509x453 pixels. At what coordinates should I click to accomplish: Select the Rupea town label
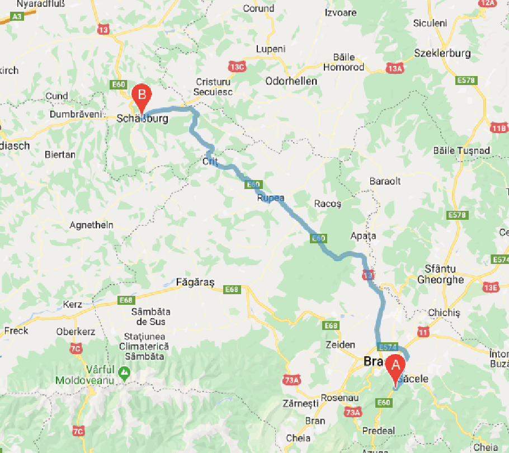271,198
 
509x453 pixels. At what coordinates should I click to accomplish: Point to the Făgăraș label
195,282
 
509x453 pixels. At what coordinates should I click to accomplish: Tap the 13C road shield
237,67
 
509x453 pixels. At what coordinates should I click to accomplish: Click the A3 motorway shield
18,17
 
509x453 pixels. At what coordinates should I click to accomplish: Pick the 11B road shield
498,128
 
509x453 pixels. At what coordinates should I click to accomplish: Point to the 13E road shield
491,287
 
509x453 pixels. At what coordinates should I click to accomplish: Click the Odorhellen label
291,81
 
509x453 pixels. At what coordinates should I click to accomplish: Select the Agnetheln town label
91,225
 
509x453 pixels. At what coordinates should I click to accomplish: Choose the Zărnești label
300,403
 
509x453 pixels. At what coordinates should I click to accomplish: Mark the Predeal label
379,431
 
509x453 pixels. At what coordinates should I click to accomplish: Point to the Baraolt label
385,182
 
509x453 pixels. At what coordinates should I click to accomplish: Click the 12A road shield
487,3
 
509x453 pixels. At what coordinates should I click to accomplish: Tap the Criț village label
209,162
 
